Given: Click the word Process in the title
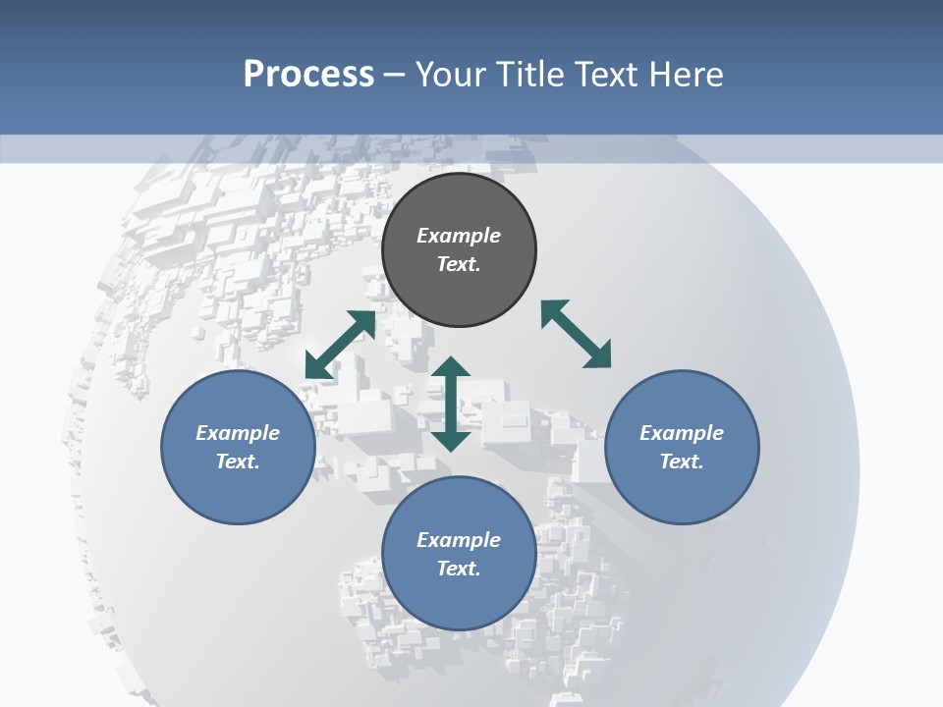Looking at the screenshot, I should (x=308, y=75).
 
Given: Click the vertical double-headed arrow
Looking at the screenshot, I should (x=451, y=404).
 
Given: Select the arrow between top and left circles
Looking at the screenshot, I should (x=340, y=345).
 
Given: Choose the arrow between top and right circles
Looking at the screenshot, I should (x=576, y=334).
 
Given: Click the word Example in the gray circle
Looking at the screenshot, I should (x=459, y=236).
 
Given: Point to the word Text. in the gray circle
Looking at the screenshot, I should (x=459, y=264).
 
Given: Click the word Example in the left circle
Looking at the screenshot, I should (x=238, y=433).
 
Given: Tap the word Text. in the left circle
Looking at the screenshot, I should (x=238, y=462).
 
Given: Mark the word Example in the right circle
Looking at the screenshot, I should (x=682, y=433).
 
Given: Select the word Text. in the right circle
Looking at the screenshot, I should (x=682, y=462).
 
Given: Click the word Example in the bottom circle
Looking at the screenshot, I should (x=459, y=540).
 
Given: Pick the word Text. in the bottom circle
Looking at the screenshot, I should (x=459, y=569).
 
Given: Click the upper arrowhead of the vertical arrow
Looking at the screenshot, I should (x=451, y=367).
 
